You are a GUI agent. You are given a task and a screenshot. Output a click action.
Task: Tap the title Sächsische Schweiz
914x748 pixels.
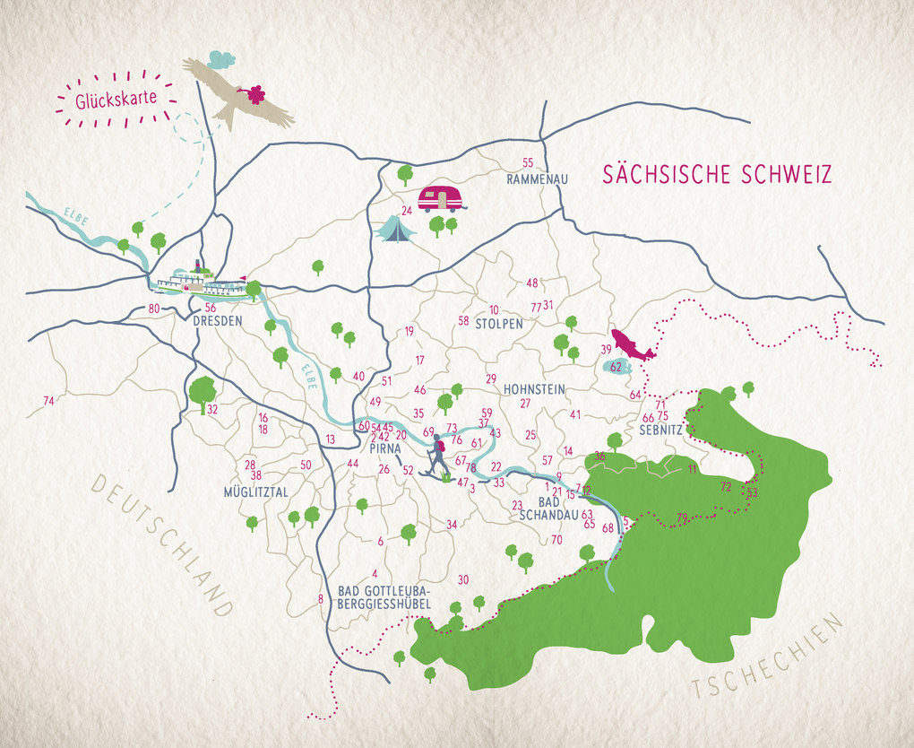(717, 174)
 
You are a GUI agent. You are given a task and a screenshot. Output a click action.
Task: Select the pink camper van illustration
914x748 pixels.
(441, 198)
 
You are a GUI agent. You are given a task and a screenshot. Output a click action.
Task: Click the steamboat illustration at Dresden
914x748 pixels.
(201, 282)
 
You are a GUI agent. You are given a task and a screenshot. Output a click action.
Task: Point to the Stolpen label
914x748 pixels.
(499, 324)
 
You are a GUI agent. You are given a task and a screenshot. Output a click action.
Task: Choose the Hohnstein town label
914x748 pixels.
(534, 389)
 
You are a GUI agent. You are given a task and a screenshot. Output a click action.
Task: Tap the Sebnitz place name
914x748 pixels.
(660, 431)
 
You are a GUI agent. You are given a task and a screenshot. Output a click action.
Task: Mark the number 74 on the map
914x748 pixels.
(49, 400)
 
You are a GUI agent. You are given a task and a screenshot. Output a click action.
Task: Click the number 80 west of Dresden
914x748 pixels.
(154, 309)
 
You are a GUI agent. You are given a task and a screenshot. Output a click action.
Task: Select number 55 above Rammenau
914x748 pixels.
(528, 162)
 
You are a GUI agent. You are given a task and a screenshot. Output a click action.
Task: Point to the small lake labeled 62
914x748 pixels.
(617, 367)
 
